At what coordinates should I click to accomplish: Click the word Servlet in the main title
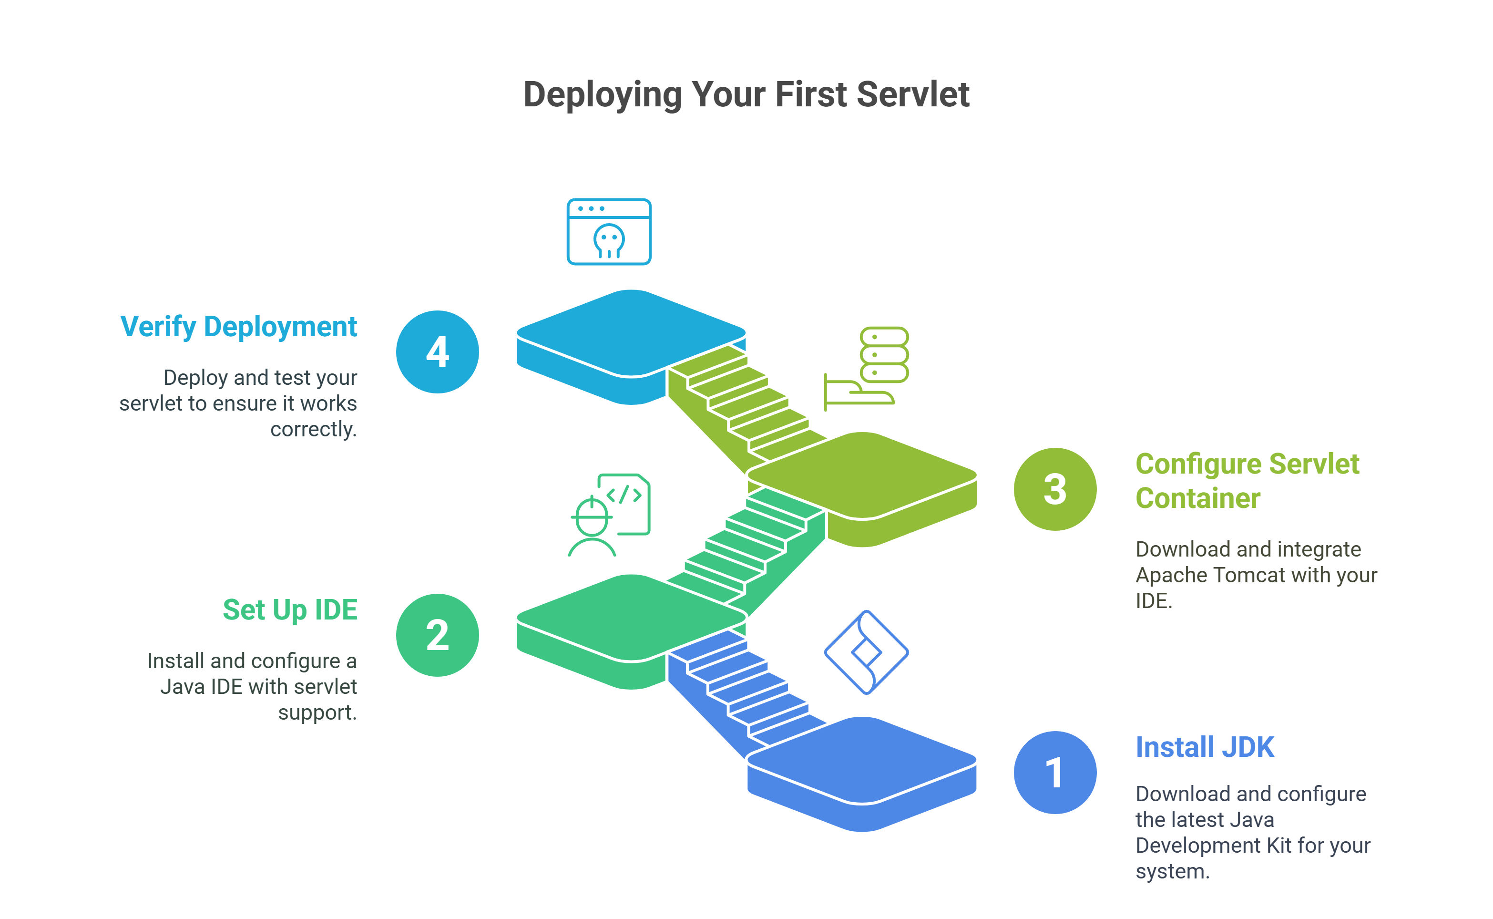point(913,94)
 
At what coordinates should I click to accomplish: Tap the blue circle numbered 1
point(1055,772)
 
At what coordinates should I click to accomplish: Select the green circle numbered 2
point(437,635)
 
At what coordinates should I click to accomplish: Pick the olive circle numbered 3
point(1055,489)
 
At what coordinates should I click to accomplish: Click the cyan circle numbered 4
point(437,352)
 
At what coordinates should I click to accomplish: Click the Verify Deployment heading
point(239,327)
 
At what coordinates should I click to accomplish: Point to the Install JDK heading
point(1205,747)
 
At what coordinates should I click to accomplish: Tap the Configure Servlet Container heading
point(1247,481)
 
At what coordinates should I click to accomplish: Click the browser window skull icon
point(609,232)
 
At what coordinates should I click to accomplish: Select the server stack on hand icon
point(866,368)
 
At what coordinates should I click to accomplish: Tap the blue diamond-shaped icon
point(867,652)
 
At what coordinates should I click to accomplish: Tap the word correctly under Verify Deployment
point(313,430)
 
